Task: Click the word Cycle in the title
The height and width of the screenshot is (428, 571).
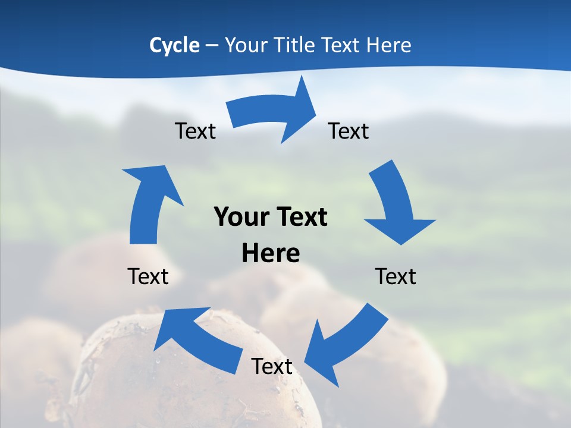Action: (x=174, y=45)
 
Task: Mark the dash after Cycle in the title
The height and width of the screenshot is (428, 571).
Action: (x=212, y=46)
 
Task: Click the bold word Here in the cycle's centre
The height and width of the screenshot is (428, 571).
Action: (x=271, y=253)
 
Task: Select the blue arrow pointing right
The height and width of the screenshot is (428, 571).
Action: (x=274, y=113)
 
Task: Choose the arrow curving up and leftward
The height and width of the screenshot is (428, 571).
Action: (x=196, y=339)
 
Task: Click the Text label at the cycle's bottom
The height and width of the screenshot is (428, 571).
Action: (x=272, y=366)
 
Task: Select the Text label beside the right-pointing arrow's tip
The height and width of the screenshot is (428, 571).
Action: (x=349, y=131)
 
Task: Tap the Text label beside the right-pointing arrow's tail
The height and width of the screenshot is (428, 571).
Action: (x=195, y=131)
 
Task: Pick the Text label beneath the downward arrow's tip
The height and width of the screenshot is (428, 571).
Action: (x=396, y=276)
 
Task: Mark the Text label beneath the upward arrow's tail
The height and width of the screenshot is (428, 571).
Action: (x=148, y=276)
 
